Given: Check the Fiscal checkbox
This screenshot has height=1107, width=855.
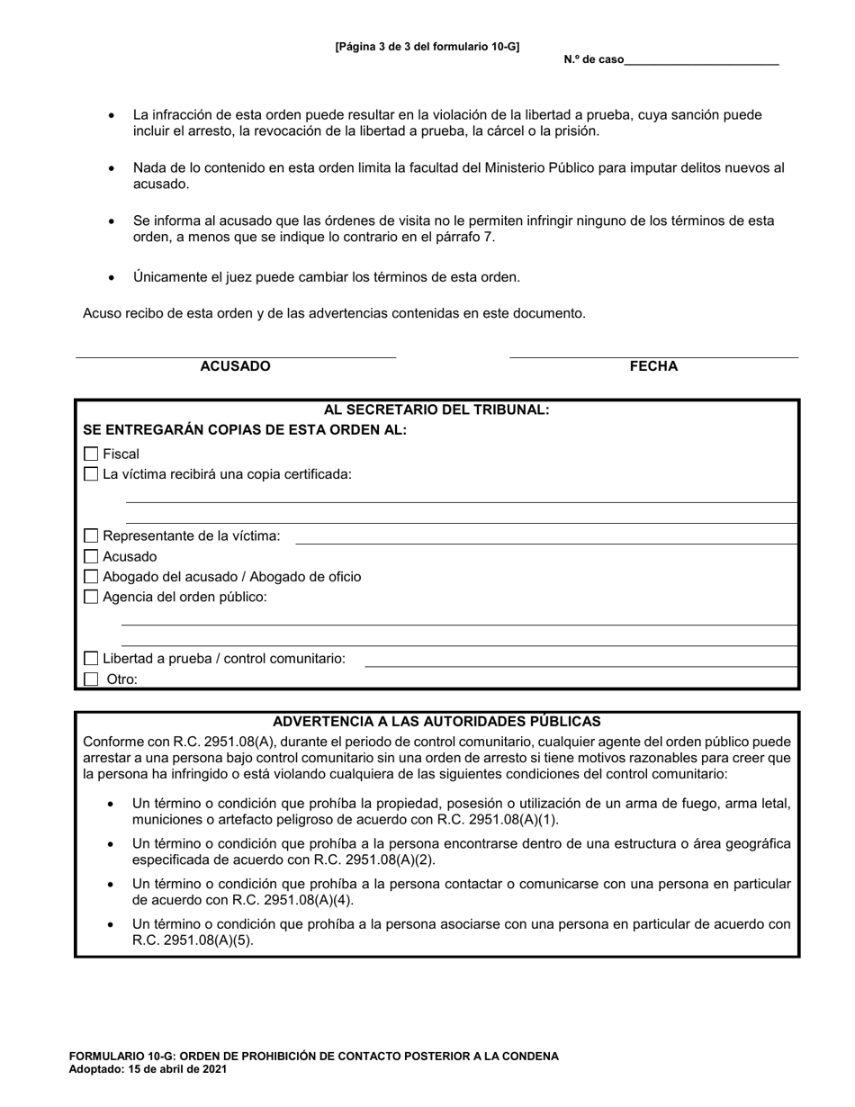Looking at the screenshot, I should click(x=91, y=454).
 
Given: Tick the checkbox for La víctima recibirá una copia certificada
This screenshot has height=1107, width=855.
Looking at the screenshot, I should click(x=91, y=474).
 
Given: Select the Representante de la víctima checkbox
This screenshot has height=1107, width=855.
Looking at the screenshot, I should click(x=91, y=536).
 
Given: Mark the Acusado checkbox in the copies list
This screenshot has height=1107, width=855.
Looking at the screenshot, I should click(x=91, y=557).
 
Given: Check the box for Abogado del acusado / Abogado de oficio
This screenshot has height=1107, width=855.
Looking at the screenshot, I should click(x=91, y=577).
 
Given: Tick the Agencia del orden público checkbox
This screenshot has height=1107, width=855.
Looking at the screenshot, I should click(x=91, y=597).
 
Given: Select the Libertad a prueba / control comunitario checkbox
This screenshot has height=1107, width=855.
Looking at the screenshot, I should click(x=91, y=659).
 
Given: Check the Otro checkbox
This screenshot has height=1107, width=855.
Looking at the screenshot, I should click(x=91, y=679).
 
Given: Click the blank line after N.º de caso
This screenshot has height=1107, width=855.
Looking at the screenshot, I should click(x=701, y=61).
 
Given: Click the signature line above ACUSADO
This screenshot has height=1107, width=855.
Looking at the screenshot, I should click(x=235, y=355).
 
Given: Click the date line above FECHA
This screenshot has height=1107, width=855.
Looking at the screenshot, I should click(x=653, y=355).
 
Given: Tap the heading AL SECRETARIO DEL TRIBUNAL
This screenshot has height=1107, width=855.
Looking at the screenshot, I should click(x=436, y=409).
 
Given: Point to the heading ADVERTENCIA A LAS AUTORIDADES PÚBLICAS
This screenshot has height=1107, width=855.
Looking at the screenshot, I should click(x=436, y=722).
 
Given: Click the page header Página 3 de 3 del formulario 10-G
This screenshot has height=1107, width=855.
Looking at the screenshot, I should click(x=427, y=47).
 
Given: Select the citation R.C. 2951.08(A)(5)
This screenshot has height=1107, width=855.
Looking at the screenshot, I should click(x=193, y=940).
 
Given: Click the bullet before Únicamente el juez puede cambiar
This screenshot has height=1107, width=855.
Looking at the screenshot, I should click(x=112, y=278).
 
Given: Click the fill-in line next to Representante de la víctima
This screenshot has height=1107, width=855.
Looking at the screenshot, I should click(x=546, y=542).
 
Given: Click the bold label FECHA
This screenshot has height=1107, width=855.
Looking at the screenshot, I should click(x=653, y=366).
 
